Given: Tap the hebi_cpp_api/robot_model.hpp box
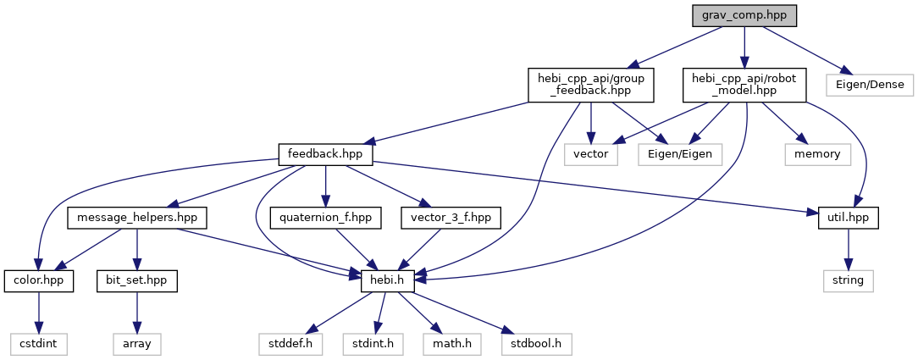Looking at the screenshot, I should tap(744, 85).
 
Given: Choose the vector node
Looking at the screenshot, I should tap(591, 155).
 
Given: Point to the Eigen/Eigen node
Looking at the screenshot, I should tap(681, 155).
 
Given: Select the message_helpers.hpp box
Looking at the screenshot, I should tap(137, 218).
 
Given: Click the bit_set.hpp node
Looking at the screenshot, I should tap(136, 280).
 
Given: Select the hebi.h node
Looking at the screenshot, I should tap(387, 280).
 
